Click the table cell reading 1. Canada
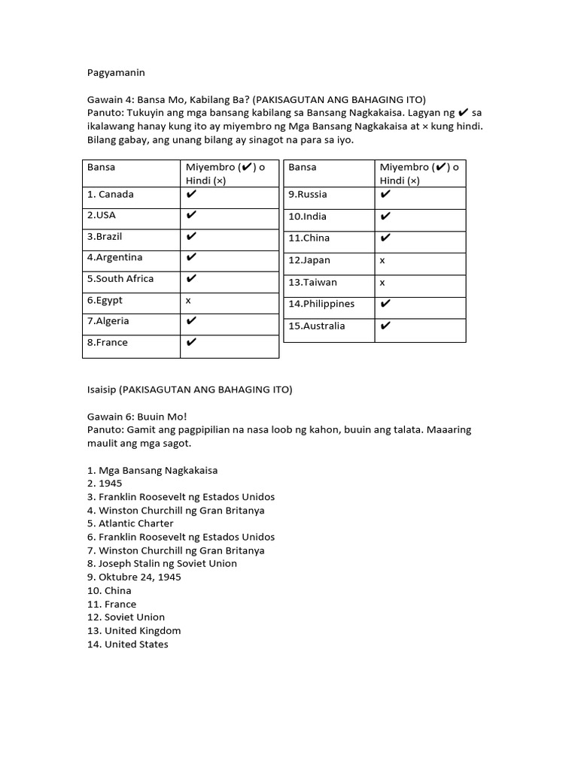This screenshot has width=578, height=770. point(111,194)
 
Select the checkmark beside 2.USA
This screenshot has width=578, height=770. point(191,215)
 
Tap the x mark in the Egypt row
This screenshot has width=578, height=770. point(189,300)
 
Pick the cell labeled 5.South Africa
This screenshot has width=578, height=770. point(120,278)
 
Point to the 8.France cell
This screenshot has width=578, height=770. point(108,342)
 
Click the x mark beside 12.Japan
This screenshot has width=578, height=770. point(382,260)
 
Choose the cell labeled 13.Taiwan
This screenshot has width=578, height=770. point(312,282)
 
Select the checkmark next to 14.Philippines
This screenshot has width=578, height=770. point(385,304)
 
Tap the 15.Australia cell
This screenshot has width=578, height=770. point(317,326)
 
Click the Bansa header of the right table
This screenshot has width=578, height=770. point(302,167)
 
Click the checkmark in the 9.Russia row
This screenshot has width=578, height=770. point(385,194)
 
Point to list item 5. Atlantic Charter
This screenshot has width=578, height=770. point(130,523)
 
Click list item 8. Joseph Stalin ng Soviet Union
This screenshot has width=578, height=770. point(162,563)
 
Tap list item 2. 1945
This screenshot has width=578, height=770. point(105,484)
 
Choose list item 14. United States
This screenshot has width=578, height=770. point(128,644)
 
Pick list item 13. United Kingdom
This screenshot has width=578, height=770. point(134,631)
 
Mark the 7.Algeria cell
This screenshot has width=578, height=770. point(108,321)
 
